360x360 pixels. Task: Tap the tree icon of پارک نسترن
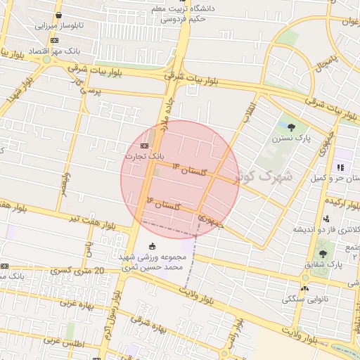click(x=291, y=127)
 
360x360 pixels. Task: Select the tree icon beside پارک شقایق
click(x=322, y=253)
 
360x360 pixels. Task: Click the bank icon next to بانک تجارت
click(x=134, y=146)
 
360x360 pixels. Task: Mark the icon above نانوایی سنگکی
click(x=304, y=288)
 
